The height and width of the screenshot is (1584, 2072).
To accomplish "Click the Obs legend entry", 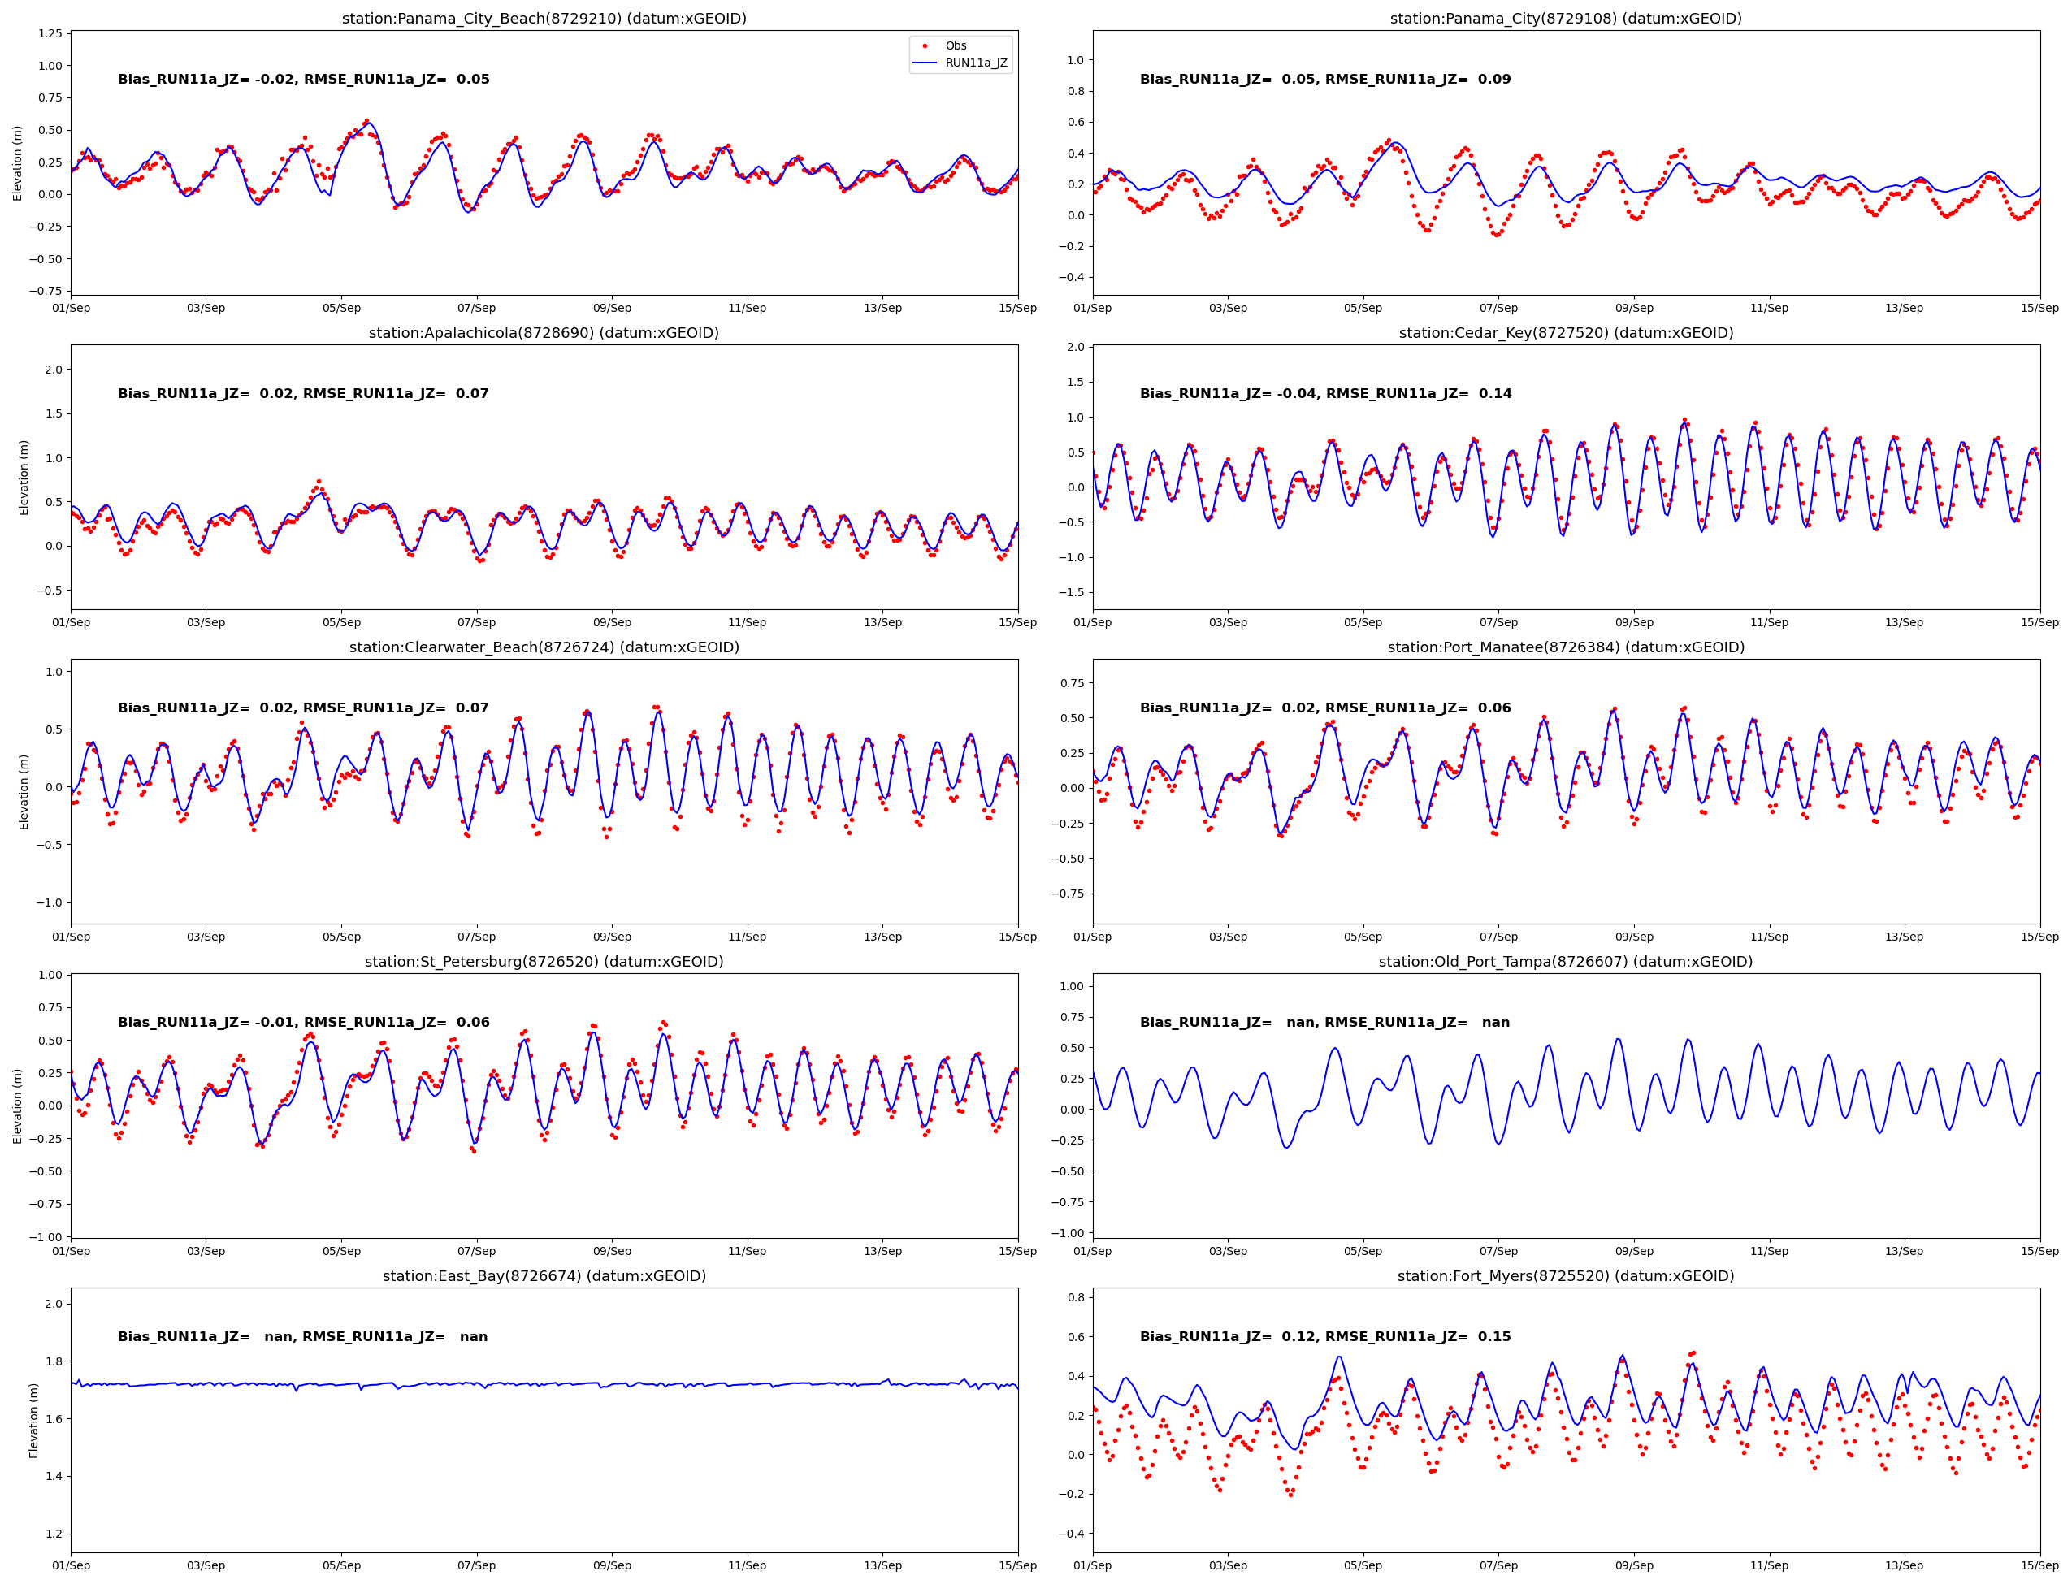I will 956,45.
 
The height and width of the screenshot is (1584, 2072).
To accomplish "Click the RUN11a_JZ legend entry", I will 975,63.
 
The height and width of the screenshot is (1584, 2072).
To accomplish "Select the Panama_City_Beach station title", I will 544,18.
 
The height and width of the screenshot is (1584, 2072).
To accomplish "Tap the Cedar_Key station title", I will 1566,333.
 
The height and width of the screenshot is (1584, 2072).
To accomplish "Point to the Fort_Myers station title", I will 1566,1275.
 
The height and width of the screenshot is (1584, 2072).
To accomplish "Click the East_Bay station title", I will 544,1275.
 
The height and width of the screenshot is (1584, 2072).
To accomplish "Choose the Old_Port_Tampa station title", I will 1566,962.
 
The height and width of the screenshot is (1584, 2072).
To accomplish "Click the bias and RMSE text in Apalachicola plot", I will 303,393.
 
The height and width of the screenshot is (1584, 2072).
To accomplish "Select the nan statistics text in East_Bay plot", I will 303,1336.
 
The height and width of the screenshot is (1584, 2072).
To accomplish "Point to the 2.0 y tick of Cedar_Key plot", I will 1075,347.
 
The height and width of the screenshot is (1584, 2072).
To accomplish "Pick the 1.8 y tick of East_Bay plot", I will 53,1361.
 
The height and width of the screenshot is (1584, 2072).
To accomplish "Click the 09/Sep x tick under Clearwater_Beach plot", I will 612,937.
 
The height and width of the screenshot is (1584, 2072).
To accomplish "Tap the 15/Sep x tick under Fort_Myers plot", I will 2039,1565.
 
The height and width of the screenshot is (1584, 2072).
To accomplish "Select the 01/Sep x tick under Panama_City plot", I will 1093,309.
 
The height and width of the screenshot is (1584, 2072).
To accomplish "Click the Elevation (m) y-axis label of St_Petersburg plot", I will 17,1106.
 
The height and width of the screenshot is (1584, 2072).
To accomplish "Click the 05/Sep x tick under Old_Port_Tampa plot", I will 1363,1251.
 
